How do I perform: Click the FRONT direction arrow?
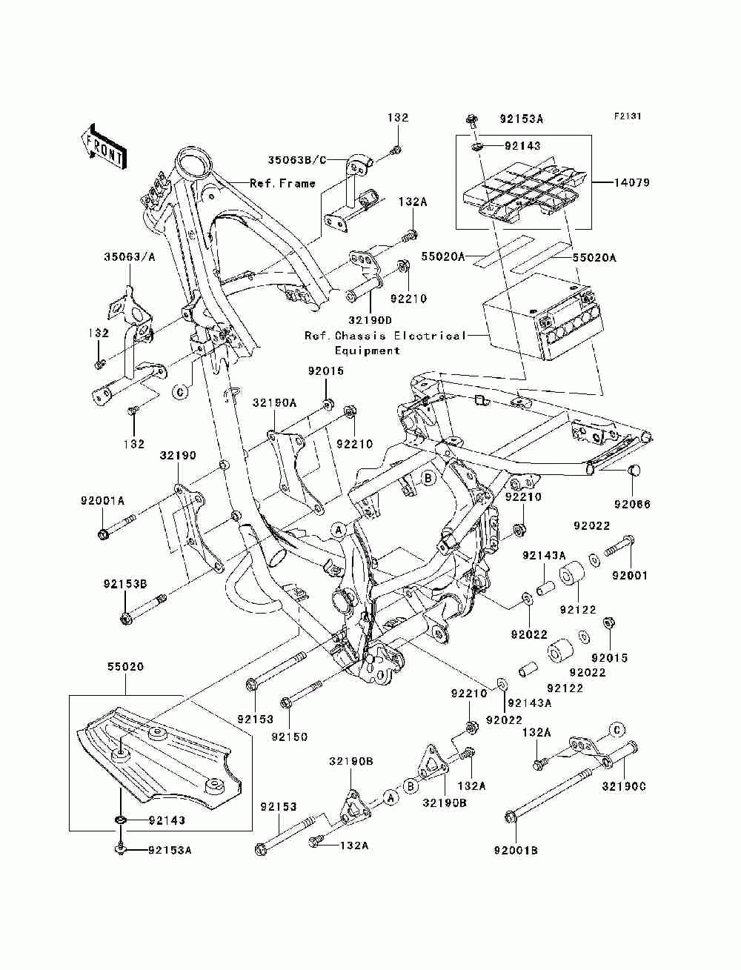[x=104, y=146]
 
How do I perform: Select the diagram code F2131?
[x=627, y=116]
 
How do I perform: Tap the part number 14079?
[x=631, y=182]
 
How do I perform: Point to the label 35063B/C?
[x=296, y=160]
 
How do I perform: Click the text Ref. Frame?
[x=282, y=183]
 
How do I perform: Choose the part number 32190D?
[x=370, y=320]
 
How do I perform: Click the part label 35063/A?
[x=130, y=256]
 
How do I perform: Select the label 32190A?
[x=274, y=403]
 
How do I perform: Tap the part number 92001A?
[x=102, y=501]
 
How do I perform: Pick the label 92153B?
[x=125, y=584]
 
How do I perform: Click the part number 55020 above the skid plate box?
[x=125, y=666]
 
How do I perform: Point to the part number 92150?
[x=289, y=737]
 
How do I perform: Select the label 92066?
[x=632, y=504]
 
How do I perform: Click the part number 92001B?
[x=516, y=863]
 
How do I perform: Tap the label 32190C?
[x=624, y=786]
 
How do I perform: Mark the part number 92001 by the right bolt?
[x=630, y=575]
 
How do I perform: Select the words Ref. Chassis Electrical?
[x=385, y=336]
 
